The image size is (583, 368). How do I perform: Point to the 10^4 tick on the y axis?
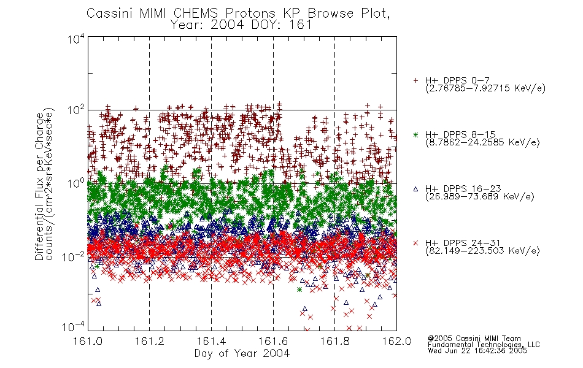[x=76, y=38]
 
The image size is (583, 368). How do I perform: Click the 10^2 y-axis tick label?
[x=76, y=110]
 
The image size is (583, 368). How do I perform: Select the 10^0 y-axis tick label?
[x=76, y=183]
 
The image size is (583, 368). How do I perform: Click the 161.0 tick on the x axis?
[x=88, y=341]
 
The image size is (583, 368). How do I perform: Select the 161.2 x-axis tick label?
[x=150, y=341]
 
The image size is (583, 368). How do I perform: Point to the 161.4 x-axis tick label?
[x=211, y=341]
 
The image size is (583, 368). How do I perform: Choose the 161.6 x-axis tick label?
[x=273, y=341]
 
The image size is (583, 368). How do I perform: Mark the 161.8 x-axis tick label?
[x=334, y=341]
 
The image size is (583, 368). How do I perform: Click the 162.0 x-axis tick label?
[x=396, y=341]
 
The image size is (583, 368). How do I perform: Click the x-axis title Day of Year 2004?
[x=242, y=353]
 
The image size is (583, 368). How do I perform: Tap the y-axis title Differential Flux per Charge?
[x=39, y=186]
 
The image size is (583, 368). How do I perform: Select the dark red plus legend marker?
[x=415, y=80]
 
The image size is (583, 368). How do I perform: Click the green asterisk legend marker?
[x=415, y=135]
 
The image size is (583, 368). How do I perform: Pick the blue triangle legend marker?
[x=415, y=189]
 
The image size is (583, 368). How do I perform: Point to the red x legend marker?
[x=415, y=243]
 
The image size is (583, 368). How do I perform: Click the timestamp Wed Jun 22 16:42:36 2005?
[x=477, y=351]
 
